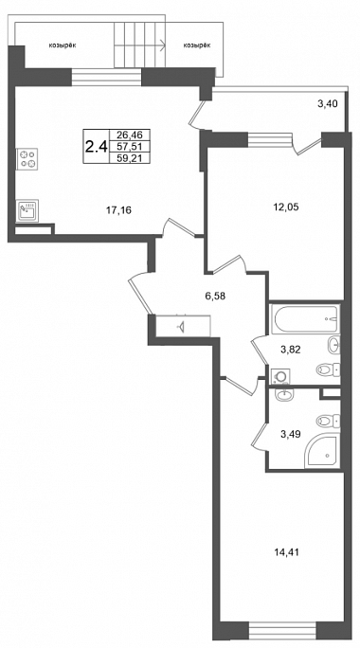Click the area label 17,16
(118, 210)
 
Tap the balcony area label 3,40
(328, 103)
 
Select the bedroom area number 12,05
(285, 207)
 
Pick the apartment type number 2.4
(96, 146)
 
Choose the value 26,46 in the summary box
(129, 135)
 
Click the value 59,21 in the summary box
(129, 157)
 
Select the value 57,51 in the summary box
(129, 146)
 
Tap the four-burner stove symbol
(27, 159)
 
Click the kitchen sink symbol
(27, 210)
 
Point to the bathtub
(305, 318)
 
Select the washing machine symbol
(279, 376)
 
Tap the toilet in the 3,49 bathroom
(328, 422)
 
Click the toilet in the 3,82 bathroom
(328, 369)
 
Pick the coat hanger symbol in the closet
(182, 327)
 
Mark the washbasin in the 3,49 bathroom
(284, 395)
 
